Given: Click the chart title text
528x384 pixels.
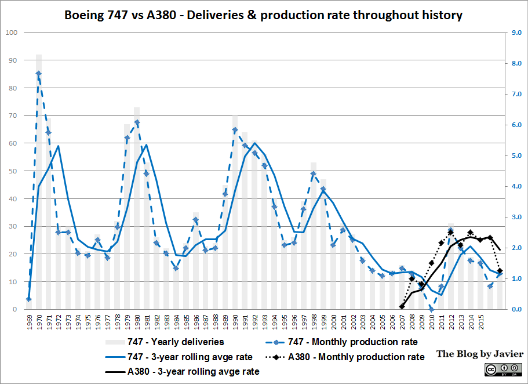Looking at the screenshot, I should click(263, 16).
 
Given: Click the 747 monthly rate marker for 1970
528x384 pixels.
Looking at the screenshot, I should click(39, 74).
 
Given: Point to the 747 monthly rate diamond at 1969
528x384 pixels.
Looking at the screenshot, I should click(28, 299).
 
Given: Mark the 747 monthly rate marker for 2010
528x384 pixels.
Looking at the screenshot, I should click(431, 309).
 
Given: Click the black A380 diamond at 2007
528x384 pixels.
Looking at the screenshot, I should click(402, 306).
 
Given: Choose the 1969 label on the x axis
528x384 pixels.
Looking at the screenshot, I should click(28, 321).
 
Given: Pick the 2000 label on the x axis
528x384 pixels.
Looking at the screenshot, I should click(333, 321).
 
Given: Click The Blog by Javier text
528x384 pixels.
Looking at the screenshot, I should click(480, 353).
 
